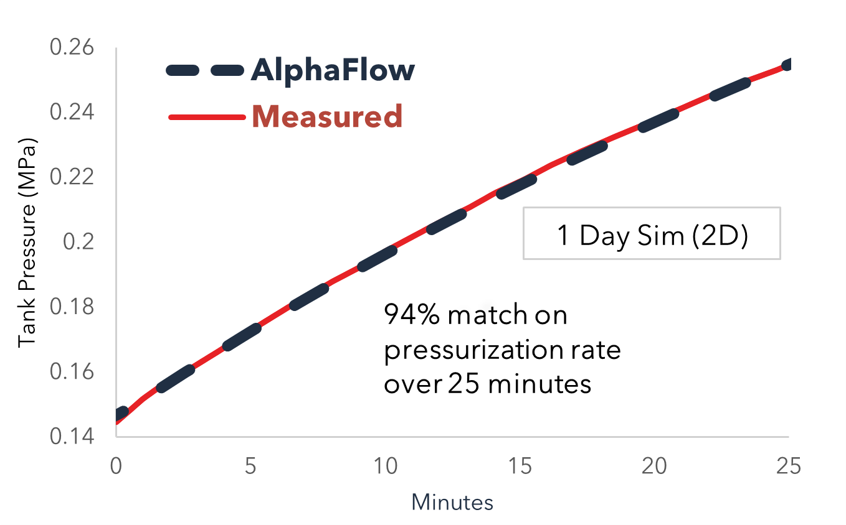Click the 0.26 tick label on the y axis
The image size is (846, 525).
click(x=72, y=47)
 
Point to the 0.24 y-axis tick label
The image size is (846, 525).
click(x=72, y=112)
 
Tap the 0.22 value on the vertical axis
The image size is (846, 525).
click(x=72, y=177)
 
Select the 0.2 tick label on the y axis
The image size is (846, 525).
click(x=78, y=241)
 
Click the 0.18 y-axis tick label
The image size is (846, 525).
click(x=72, y=306)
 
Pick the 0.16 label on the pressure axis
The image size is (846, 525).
click(x=72, y=371)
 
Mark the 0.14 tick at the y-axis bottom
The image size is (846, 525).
click(x=72, y=437)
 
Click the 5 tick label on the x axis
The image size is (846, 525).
click(x=250, y=466)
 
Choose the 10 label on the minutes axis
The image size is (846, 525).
click(x=385, y=466)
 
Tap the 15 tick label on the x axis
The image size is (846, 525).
click(x=520, y=466)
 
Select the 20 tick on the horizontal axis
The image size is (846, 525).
click(x=654, y=466)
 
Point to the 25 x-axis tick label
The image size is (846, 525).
click(x=789, y=466)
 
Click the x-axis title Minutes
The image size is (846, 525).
click(x=452, y=503)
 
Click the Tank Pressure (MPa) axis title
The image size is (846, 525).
click(x=27, y=243)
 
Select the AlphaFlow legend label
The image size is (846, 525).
click(x=333, y=70)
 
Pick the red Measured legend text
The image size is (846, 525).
click(x=327, y=116)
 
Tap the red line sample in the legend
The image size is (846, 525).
click(x=207, y=118)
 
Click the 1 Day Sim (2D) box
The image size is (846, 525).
click(x=652, y=233)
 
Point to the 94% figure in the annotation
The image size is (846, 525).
click(x=412, y=315)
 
